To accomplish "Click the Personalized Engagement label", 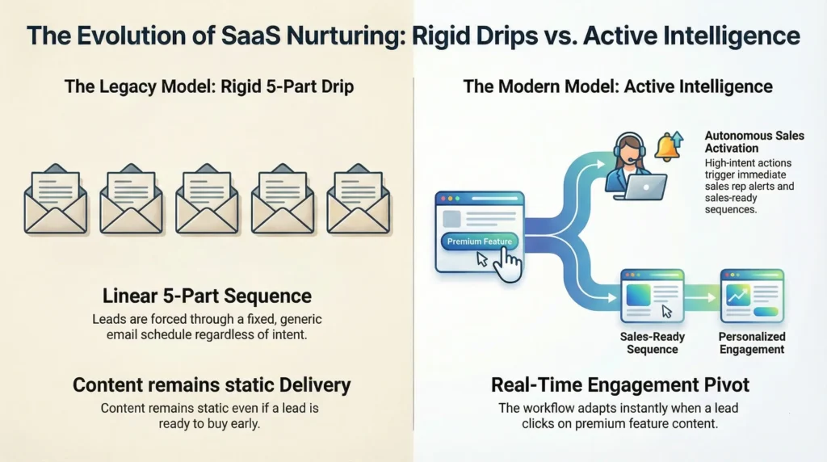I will pyautogui.click(x=751, y=343).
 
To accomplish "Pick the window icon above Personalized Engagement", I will pyautogui.click(x=751, y=296).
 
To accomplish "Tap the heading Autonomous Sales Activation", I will pyautogui.click(x=754, y=142).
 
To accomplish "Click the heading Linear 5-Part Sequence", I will pyautogui.click(x=207, y=296).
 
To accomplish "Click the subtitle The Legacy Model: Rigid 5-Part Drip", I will pyautogui.click(x=207, y=86).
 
